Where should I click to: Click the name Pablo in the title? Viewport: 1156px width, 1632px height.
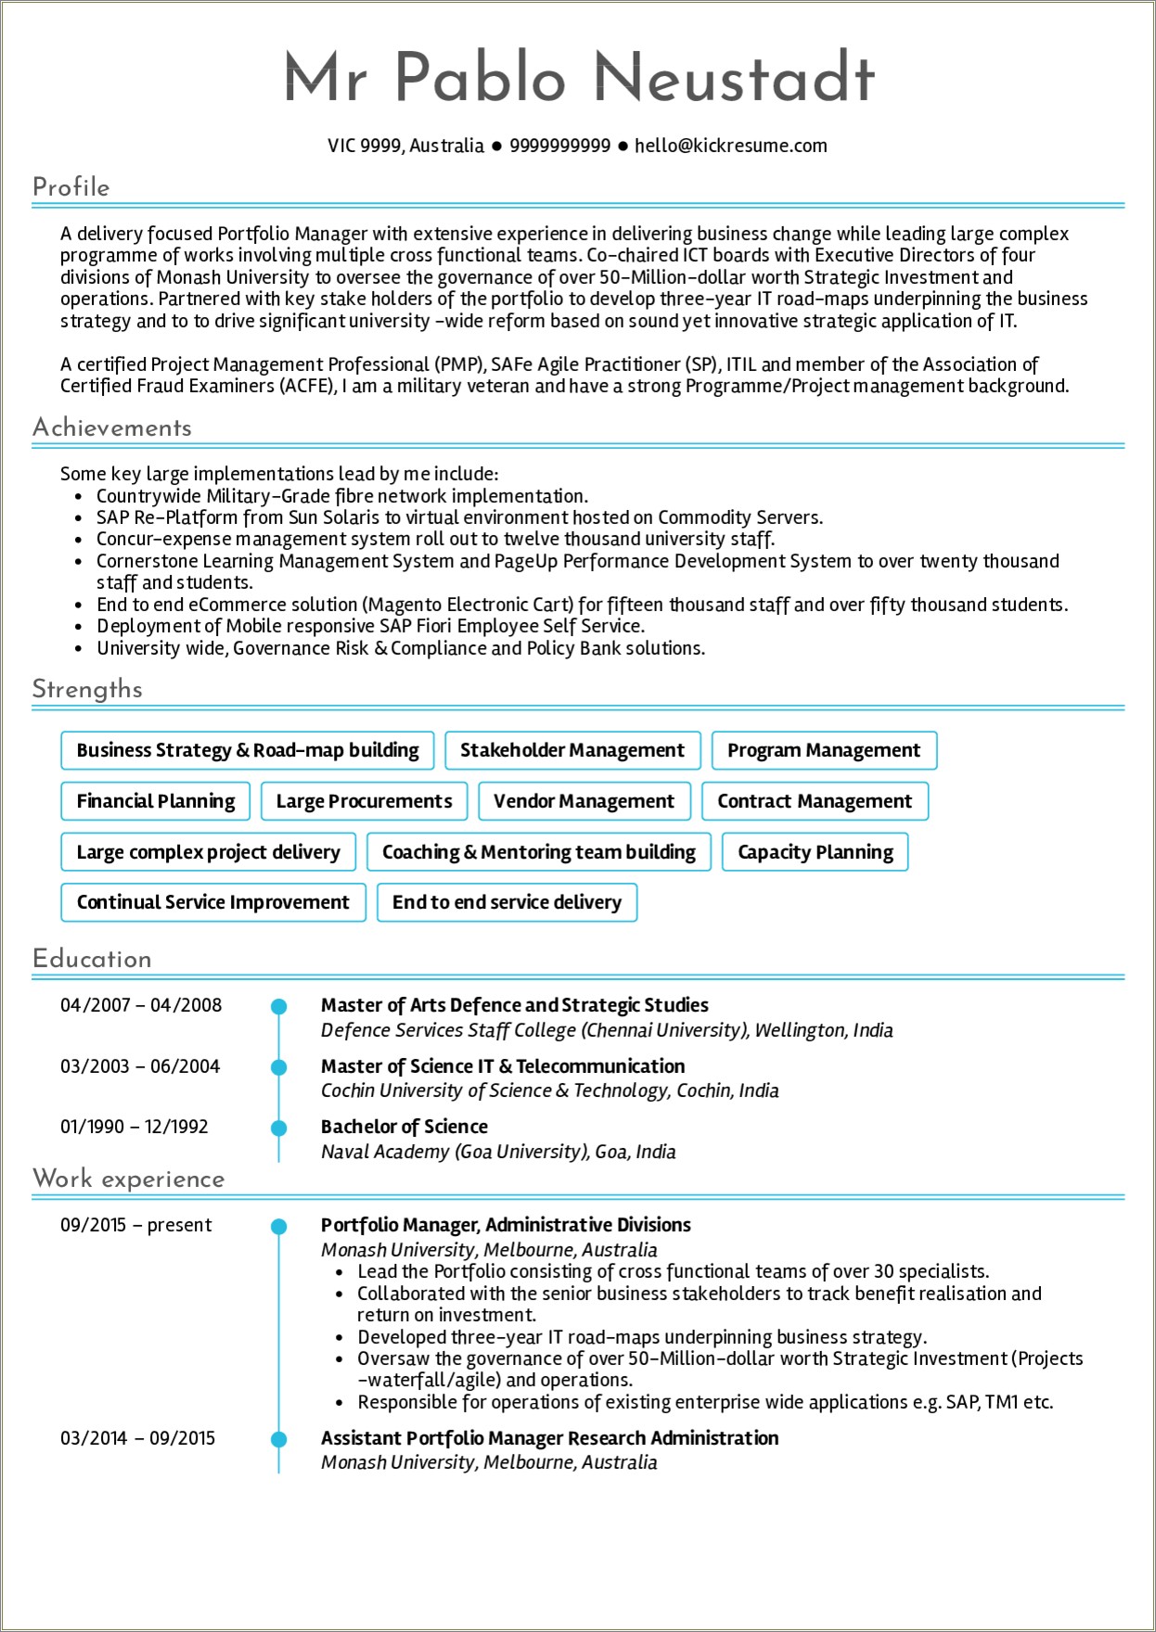(480, 78)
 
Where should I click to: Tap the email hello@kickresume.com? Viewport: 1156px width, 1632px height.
(730, 146)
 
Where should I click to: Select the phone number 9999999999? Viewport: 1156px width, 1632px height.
(559, 146)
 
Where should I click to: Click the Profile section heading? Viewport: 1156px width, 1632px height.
(71, 187)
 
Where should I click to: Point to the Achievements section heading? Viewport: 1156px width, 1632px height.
(111, 427)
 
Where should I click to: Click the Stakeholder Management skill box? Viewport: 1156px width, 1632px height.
(572, 750)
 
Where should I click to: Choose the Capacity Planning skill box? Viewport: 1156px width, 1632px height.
(815, 852)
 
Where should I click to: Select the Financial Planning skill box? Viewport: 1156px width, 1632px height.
(156, 801)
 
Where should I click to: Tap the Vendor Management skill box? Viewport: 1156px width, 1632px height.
(584, 801)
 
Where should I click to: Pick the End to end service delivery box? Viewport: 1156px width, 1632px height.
(507, 902)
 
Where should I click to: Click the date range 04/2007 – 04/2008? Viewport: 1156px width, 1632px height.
(141, 1005)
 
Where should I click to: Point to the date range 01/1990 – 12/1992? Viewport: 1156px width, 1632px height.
(135, 1127)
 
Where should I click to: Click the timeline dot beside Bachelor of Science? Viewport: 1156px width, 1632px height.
(278, 1128)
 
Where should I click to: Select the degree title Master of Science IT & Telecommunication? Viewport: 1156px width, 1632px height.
(503, 1066)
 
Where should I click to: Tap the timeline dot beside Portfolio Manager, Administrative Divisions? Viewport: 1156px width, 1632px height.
(278, 1227)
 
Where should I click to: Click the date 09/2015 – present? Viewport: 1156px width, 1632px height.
(135, 1225)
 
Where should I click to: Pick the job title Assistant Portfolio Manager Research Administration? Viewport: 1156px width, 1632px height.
(549, 1438)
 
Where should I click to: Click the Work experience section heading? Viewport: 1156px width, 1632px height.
(128, 1179)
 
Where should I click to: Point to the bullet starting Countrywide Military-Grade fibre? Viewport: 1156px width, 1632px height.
(341, 496)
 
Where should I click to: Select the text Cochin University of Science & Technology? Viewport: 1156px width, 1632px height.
(495, 1090)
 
